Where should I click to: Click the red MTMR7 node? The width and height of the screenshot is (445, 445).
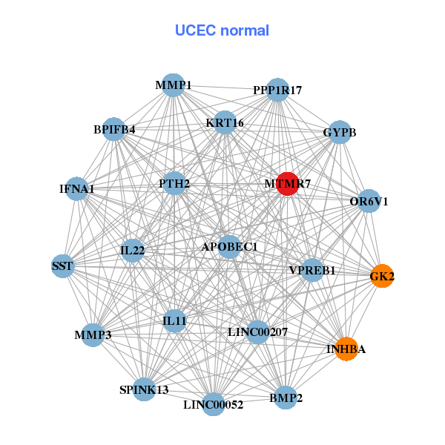[x=288, y=183]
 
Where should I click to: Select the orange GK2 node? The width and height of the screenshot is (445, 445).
[x=382, y=276]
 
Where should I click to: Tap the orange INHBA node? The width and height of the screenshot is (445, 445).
[x=346, y=349]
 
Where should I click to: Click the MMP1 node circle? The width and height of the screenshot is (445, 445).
[x=173, y=85]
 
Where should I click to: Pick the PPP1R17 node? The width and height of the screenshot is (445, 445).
[x=277, y=90]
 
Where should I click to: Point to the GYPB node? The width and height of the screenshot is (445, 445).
[x=340, y=132]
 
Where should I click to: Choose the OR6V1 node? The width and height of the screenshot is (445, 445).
[x=369, y=201]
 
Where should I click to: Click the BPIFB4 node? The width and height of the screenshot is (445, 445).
[x=113, y=130]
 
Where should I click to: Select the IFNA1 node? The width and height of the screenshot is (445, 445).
[x=77, y=188]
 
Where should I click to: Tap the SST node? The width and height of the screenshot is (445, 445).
[x=62, y=265]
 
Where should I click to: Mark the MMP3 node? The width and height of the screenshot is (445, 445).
[x=93, y=335]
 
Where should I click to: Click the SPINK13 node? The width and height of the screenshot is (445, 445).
[x=145, y=389]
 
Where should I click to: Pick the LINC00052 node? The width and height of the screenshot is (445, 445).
[x=213, y=404]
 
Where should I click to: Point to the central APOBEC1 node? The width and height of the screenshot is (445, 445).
[x=229, y=246]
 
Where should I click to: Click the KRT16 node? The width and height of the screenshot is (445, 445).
[x=225, y=122]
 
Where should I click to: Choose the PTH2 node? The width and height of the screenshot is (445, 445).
[x=174, y=183]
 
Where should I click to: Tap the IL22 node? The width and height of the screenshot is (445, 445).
[x=132, y=251]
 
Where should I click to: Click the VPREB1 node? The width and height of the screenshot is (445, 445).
[x=311, y=270]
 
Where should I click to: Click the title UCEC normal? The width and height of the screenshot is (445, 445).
[x=222, y=30]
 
